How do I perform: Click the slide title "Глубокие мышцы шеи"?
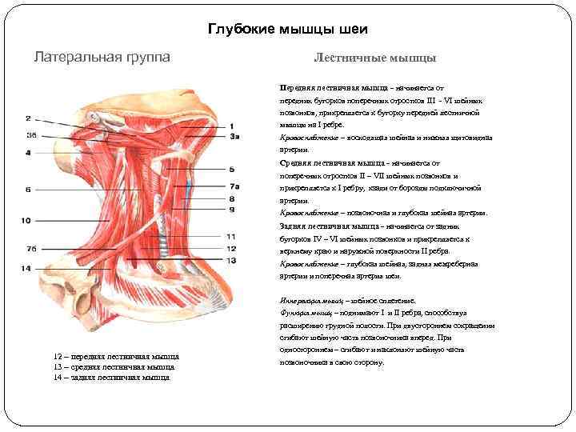288,30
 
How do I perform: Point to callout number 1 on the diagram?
231,126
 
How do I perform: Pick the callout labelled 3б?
31,134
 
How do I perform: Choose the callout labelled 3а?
234,138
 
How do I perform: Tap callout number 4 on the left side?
28,151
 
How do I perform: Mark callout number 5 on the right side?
231,170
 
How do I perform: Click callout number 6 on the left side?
28,190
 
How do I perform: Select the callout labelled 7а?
234,187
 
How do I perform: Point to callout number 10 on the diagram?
26,220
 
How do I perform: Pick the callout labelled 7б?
31,249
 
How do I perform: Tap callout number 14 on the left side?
26,269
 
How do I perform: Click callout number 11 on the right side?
231,237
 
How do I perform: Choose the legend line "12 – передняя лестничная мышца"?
115,356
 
